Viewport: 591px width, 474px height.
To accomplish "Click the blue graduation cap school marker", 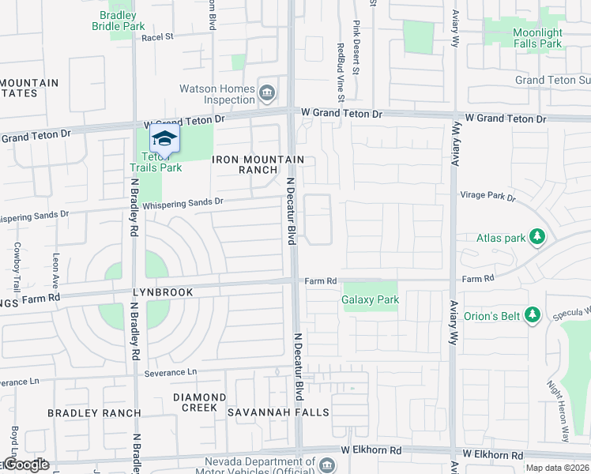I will pos(164,140).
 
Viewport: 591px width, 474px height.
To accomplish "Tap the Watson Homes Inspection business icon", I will pos(267,94).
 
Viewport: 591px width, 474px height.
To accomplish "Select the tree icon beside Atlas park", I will pos(537,237).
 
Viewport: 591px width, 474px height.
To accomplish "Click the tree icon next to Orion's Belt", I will pos(532,316).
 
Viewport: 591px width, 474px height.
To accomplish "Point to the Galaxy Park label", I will pos(370,299).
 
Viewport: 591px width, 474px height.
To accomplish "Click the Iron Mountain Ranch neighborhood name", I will pos(258,164).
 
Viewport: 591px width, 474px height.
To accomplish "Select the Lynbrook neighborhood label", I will pos(162,292).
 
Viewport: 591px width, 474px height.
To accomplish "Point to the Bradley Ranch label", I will pos(94,413).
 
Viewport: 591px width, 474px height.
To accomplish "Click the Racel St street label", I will pos(157,36).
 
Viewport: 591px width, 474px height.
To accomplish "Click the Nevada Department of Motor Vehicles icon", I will pos(326,465).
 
